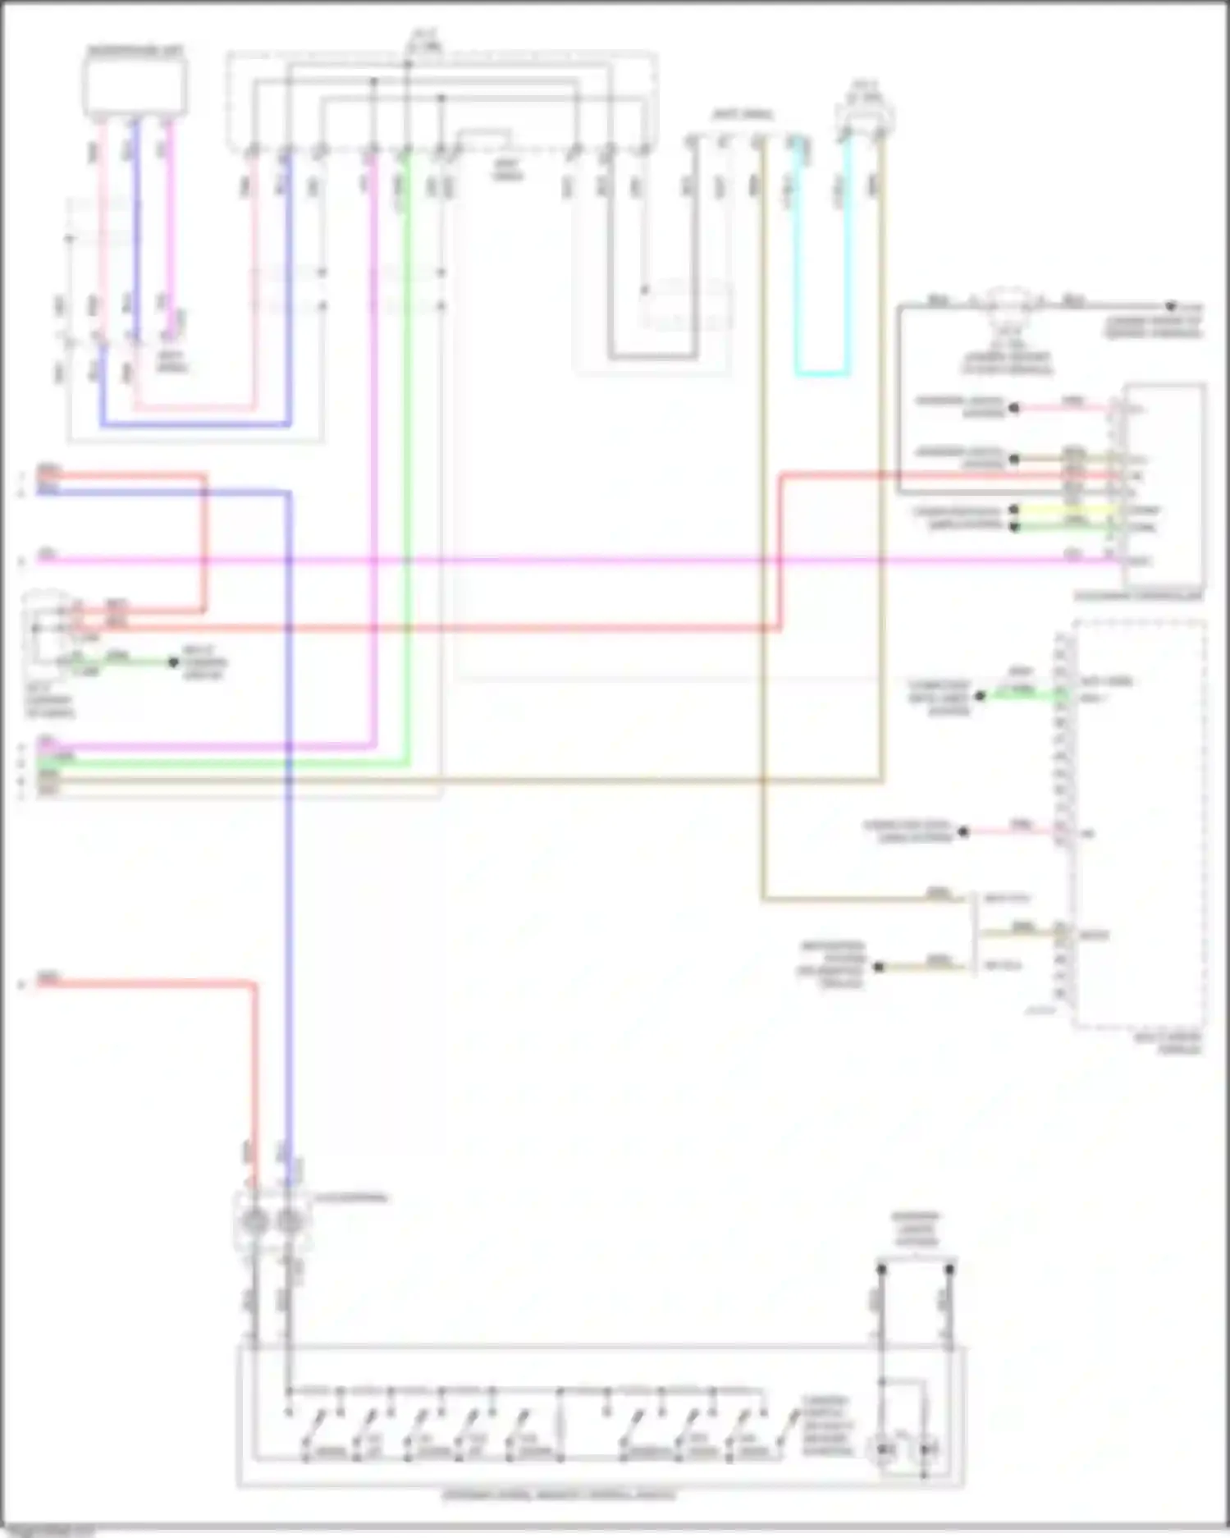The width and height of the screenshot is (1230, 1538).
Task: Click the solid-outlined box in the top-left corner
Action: coord(135,87)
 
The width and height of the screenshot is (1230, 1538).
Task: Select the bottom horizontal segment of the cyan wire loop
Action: coord(821,374)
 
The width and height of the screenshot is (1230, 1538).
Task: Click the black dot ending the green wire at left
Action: coord(173,661)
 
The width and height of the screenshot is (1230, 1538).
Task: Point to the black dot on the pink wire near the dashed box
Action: coord(964,831)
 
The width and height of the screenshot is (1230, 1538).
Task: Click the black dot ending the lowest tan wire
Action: coord(878,967)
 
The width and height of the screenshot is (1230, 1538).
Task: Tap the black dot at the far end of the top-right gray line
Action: coord(1172,304)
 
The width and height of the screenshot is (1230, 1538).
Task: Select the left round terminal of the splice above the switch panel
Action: coord(254,1222)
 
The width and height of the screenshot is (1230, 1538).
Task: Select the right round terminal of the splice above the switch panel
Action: coord(288,1222)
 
